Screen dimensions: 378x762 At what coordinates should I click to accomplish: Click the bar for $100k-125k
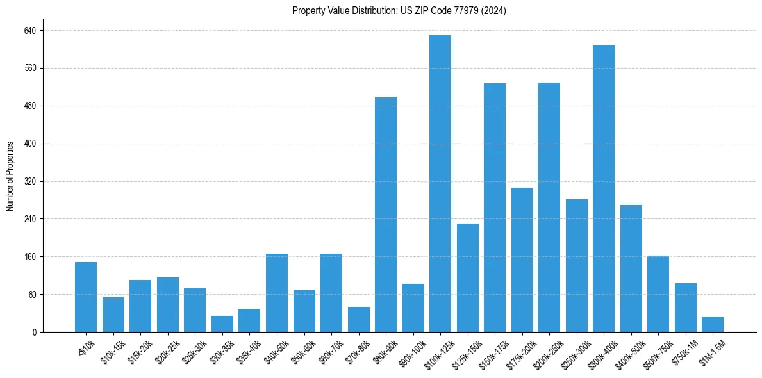click(x=440, y=183)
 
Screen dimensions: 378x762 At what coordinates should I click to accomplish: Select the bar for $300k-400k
click(x=604, y=188)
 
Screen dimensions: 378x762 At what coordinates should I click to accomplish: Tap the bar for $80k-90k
click(x=386, y=215)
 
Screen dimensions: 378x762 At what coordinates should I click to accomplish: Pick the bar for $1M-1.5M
click(x=713, y=325)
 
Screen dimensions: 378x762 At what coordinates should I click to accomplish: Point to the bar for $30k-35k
click(x=222, y=324)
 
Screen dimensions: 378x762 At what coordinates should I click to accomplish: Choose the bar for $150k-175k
click(x=495, y=208)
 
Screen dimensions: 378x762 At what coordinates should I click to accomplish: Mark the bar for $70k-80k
click(x=359, y=320)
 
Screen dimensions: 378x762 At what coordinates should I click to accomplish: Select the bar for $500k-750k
click(x=658, y=294)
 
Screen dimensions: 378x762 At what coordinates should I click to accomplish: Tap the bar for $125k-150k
click(x=468, y=278)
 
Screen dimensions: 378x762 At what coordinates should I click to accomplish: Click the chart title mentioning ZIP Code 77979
click(x=399, y=11)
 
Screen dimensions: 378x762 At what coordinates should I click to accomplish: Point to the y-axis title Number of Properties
click(x=10, y=176)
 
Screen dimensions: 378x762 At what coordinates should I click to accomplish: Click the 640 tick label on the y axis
click(x=30, y=31)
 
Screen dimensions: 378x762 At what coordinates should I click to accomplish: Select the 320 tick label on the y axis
click(x=30, y=181)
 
